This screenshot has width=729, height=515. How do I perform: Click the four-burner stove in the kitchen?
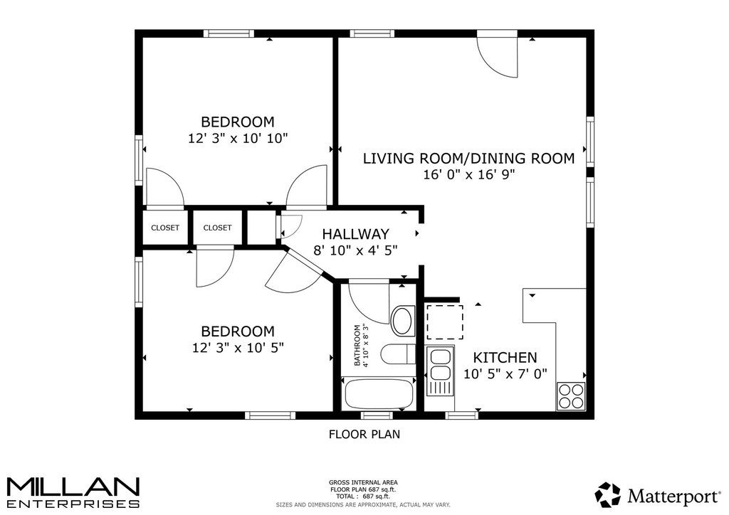click(x=570, y=396)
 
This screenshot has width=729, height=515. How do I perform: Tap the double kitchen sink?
click(x=440, y=371)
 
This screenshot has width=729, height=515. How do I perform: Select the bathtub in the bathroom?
click(x=379, y=394)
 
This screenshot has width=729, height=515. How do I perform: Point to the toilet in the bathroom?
click(x=397, y=354)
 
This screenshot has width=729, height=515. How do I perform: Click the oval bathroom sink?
click(x=403, y=321)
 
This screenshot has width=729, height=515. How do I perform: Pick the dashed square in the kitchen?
click(x=445, y=322)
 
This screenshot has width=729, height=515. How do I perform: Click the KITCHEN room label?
click(x=505, y=358)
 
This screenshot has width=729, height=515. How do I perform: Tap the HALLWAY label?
click(x=356, y=233)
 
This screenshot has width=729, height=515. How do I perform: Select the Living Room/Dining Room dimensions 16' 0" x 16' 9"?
click(x=468, y=174)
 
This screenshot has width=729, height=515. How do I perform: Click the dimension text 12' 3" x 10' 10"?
click(x=238, y=138)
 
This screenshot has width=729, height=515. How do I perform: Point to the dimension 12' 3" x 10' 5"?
click(x=238, y=347)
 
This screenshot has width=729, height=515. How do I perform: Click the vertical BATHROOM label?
click(x=357, y=346)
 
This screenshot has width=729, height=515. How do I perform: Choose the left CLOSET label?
click(x=165, y=228)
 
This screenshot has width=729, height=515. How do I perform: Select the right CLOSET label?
click(x=217, y=228)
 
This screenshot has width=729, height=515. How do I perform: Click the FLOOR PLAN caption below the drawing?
click(x=364, y=434)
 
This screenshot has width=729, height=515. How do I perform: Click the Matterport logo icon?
click(x=608, y=495)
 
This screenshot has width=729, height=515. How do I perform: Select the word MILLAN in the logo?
click(x=73, y=487)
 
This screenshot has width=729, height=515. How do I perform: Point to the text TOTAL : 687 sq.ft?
click(x=363, y=496)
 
